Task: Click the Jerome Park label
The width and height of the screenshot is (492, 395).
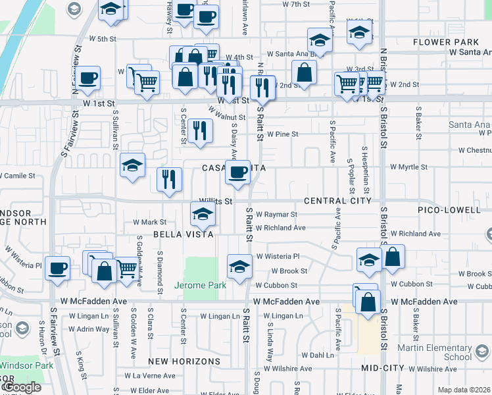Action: point(200,285)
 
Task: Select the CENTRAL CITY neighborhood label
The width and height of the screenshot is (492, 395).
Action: point(337,201)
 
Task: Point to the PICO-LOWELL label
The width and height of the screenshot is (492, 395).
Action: point(449,210)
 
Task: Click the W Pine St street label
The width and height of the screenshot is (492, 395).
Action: point(282,134)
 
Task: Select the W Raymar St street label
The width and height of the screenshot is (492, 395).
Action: point(276,215)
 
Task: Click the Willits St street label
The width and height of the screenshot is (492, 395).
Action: point(216,201)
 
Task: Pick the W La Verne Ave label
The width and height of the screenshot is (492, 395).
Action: point(154,376)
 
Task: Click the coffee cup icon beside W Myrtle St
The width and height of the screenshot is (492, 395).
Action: point(237,172)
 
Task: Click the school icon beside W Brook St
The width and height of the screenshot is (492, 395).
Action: point(239,266)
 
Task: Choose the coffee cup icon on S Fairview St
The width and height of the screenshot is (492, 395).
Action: point(57,268)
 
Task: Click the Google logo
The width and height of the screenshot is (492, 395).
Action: point(21,388)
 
